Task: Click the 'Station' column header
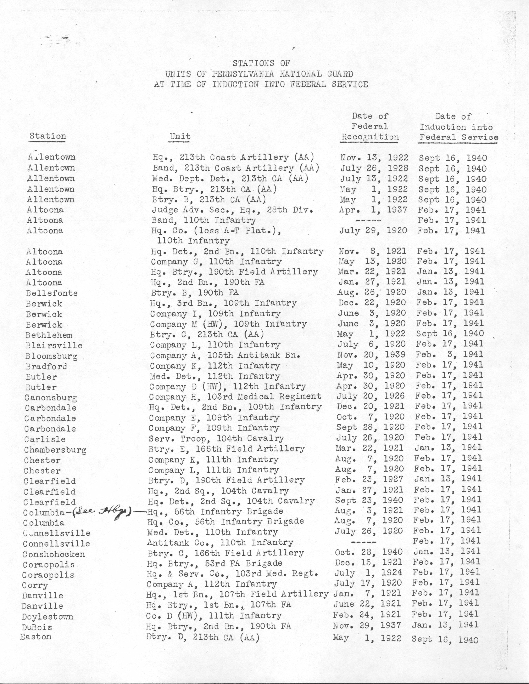pos(48,136)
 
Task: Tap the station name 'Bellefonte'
pos(51,293)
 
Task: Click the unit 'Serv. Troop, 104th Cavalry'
pos(216,438)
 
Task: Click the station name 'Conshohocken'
pos(53,554)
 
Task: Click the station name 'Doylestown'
pos(47,617)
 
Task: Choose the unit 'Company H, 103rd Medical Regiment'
pos(235,397)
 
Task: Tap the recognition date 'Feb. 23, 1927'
pos(369,479)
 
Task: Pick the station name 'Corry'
pos(35,585)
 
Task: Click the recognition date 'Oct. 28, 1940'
pos(369,552)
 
